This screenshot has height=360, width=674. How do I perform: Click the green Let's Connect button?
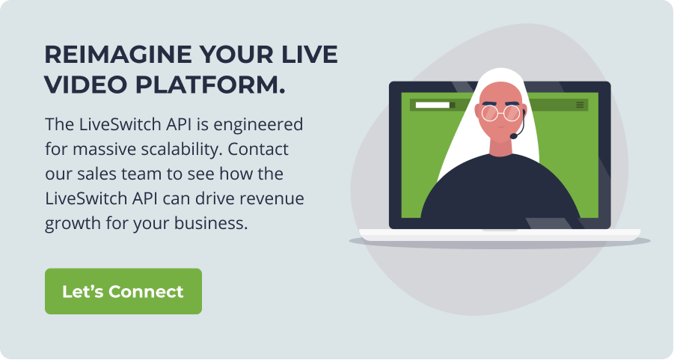(x=123, y=291)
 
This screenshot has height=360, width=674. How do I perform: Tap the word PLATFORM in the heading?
(x=210, y=85)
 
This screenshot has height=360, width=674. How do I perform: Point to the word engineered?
(x=258, y=125)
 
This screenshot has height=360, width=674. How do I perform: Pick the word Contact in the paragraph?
(x=258, y=149)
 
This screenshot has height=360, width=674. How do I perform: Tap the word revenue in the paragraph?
(x=272, y=199)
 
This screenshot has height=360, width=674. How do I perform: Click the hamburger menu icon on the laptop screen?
(x=580, y=105)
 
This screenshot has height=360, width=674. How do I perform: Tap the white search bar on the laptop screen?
(x=432, y=105)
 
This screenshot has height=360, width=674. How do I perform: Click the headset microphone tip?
(x=514, y=136)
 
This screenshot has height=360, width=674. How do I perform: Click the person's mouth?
(x=500, y=128)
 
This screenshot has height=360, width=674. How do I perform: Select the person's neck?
(x=500, y=148)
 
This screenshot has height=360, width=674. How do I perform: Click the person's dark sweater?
(x=500, y=194)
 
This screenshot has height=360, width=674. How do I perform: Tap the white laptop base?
(x=500, y=235)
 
